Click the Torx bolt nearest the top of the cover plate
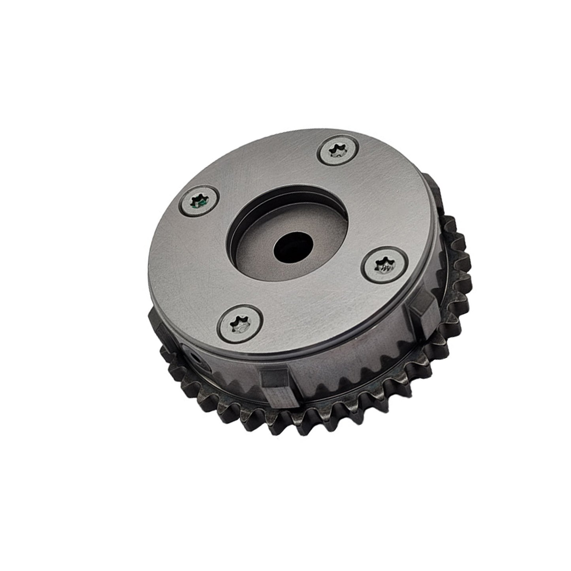point(338,151)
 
